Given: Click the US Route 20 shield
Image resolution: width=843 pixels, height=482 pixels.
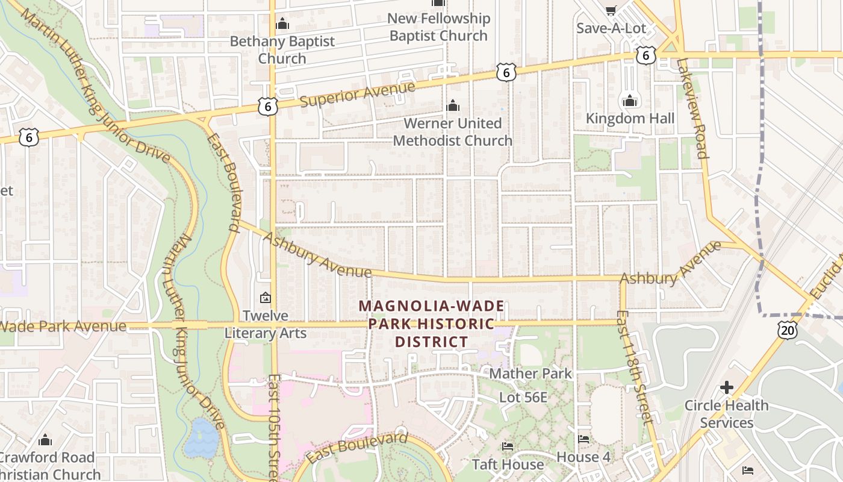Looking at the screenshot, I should pos(787,329).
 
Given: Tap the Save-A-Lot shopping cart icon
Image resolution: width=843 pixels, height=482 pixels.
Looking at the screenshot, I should pos(611,10).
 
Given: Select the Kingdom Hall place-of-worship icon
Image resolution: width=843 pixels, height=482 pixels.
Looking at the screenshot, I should pos(630,101).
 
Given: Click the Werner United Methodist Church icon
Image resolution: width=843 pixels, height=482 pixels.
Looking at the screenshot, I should pos(452,106).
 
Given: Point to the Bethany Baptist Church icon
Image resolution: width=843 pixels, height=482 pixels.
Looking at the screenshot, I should pos(282,25).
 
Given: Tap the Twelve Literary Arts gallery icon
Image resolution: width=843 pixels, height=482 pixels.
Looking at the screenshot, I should pos(265,298).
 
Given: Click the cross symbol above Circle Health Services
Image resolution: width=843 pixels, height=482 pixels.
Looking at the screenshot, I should pos(727,387).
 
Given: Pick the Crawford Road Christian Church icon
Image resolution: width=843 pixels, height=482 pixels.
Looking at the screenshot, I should pos(45,440).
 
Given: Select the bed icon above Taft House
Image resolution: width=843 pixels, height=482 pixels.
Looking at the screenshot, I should pos(507,446).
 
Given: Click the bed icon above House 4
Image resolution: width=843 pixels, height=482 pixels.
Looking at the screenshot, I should pos(583,439).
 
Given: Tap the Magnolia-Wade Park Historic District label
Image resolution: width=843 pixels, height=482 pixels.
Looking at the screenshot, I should pos(431,324).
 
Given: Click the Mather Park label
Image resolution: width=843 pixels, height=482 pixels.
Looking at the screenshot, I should pos(530,374).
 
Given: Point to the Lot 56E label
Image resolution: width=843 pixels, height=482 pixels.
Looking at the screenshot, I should pos(523,398).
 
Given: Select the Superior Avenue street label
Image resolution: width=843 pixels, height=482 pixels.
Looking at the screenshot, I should pos(357,94).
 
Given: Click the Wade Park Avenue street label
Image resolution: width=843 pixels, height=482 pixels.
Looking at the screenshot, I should pos(63,327).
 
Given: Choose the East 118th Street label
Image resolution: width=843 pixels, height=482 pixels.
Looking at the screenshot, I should pos(635,368).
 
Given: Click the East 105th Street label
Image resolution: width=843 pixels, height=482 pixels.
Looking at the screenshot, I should pos(274,428).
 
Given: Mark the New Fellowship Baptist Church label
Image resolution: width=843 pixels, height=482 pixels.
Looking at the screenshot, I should pos(438,27).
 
